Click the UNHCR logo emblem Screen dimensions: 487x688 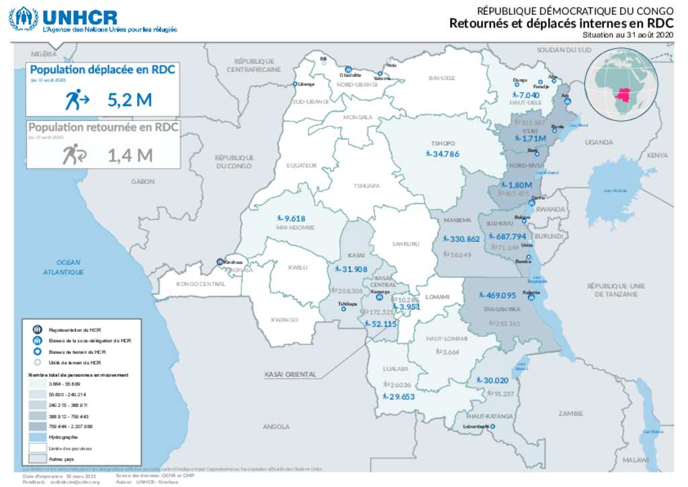click(x=23, y=19)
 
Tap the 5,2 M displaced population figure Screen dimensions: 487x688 click(x=130, y=101)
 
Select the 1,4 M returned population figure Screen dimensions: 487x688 click(x=130, y=156)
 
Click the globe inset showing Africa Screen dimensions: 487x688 click(x=618, y=84)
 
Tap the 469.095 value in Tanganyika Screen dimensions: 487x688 click(x=501, y=296)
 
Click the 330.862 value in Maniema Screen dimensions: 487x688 click(x=464, y=239)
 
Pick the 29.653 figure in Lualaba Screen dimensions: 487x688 click(x=402, y=397)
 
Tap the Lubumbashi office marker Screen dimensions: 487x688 click(x=492, y=427)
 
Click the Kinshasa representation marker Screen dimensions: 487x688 click(x=220, y=263)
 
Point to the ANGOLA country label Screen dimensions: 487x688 click(x=276, y=427)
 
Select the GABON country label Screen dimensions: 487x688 click(x=143, y=181)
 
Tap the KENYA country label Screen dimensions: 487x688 click(x=657, y=155)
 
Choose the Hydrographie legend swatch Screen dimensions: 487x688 click(x=37, y=437)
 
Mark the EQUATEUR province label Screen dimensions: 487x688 click(x=301, y=165)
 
